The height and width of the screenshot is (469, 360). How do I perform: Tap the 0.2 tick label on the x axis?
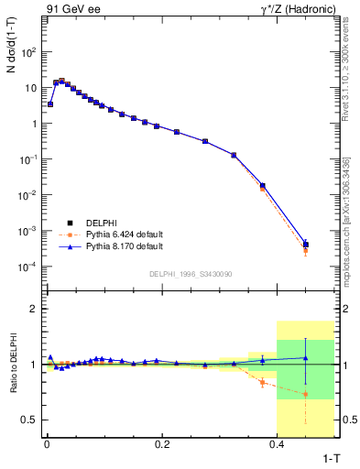click(162, 443)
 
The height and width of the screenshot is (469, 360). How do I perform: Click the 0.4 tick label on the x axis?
click(278, 443)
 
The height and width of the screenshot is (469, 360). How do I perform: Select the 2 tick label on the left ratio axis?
click(32, 310)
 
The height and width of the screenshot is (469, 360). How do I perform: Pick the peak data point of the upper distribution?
click(61, 82)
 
